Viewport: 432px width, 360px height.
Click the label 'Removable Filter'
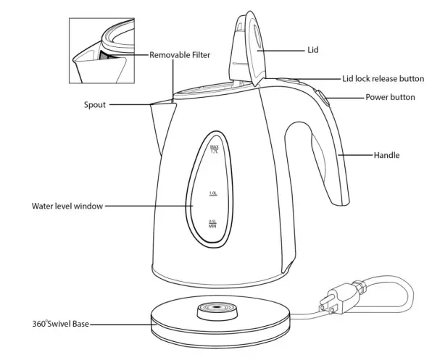coord(180,54)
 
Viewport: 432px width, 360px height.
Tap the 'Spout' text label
coord(94,104)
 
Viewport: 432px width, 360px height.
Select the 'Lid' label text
coord(312,50)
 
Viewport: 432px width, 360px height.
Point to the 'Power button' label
coord(389,97)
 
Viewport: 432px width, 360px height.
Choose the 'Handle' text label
coord(386,155)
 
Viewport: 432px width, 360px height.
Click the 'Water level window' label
coord(67,206)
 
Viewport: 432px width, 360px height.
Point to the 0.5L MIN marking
coord(213,224)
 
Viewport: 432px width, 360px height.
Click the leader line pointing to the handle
coord(356,155)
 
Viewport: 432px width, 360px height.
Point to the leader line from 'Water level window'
coord(149,206)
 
